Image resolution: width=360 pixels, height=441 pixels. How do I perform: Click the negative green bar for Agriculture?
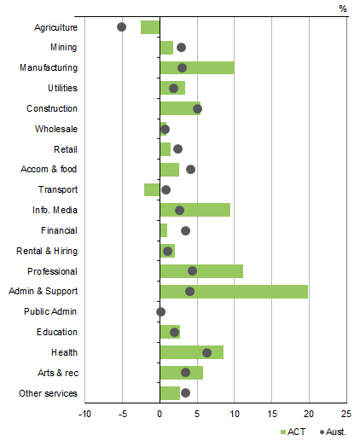(150, 26)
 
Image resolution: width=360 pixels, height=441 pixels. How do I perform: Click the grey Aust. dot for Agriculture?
(121, 26)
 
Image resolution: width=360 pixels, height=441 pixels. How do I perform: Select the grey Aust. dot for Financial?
(185, 230)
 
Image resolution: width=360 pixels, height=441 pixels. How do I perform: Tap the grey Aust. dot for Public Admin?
(160, 311)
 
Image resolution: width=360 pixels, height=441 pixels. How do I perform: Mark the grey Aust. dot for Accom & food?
(190, 169)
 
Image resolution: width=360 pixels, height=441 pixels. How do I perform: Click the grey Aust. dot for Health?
(206, 352)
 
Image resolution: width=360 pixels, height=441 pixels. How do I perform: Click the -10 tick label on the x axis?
(85, 415)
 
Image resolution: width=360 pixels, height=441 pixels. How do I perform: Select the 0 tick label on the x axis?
(160, 415)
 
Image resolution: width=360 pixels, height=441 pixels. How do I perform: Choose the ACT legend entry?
(292, 432)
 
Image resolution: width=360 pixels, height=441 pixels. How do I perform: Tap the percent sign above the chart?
(343, 9)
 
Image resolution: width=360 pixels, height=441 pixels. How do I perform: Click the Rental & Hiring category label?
(47, 251)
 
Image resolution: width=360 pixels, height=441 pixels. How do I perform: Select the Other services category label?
(48, 393)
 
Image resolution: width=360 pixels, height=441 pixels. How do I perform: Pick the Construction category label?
(52, 108)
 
